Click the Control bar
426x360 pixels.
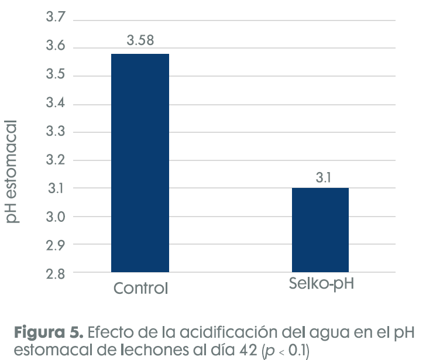(x=140, y=163)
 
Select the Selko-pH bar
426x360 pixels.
(x=321, y=229)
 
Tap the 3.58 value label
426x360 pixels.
(x=140, y=41)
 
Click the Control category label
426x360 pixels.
(x=140, y=289)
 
